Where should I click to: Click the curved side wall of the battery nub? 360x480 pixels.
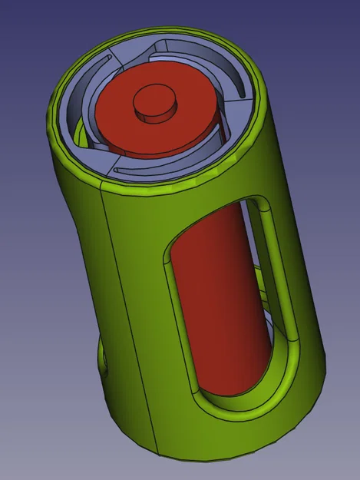pos(154,114)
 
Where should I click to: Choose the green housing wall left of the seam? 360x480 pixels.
pos(81,269)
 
